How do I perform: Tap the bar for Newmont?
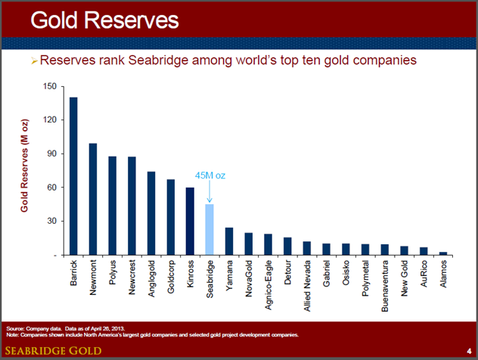tap(93, 200)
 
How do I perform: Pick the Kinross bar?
tap(191, 222)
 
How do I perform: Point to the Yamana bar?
tap(229, 241)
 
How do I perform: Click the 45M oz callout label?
tap(210, 175)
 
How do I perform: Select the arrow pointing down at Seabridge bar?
tap(210, 193)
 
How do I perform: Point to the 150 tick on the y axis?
tap(51, 86)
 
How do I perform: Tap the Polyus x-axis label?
tap(113, 276)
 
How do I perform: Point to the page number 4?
tap(469, 349)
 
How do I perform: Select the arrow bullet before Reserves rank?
tap(33, 59)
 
